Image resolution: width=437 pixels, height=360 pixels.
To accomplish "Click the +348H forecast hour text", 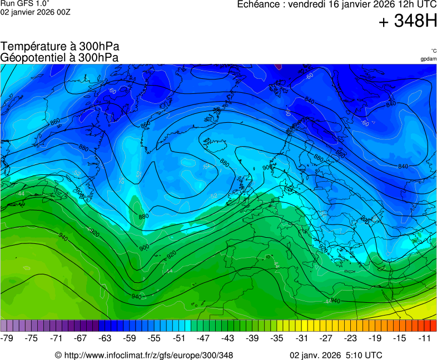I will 408,22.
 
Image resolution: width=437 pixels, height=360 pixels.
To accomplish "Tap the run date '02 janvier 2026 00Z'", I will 35,12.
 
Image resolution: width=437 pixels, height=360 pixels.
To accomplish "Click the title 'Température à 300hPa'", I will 60,47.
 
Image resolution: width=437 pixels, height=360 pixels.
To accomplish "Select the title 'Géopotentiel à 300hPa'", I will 59,57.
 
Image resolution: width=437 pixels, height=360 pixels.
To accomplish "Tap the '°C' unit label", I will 433,51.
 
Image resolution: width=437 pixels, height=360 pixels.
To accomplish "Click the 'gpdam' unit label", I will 428,59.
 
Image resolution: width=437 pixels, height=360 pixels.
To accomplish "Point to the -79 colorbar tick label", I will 7,338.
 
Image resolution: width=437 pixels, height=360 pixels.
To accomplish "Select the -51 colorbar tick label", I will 180,338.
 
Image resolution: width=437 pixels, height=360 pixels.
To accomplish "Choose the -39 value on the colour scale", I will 252,338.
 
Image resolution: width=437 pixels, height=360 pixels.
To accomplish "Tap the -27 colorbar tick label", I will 327,338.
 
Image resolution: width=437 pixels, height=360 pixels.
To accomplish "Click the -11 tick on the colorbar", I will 425,338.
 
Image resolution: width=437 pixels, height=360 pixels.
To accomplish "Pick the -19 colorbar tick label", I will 376,338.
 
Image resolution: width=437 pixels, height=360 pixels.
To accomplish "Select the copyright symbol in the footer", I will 58,355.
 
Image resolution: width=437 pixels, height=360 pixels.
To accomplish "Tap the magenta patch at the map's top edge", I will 279,66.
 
